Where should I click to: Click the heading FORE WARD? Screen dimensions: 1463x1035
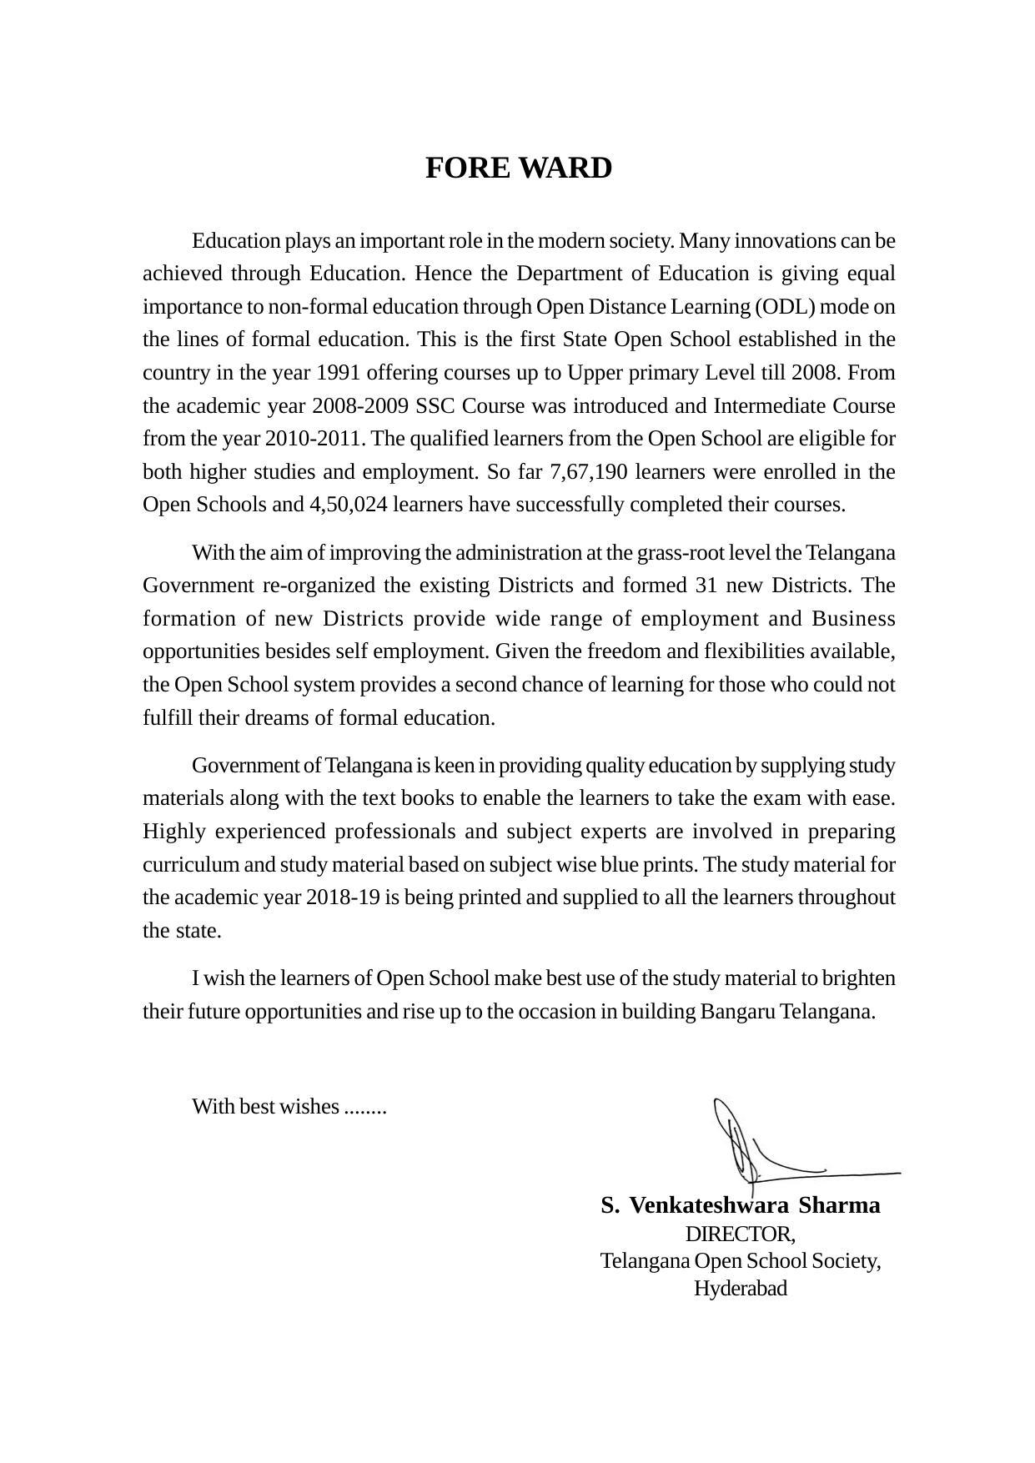[518, 168]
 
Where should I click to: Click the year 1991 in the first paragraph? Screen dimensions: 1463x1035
[339, 372]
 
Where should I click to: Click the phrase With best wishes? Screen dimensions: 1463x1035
[266, 1107]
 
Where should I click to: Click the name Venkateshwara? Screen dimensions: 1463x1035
[708, 1205]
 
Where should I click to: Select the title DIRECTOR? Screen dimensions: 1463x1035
[739, 1234]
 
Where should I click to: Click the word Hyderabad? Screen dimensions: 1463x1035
[741, 1288]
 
